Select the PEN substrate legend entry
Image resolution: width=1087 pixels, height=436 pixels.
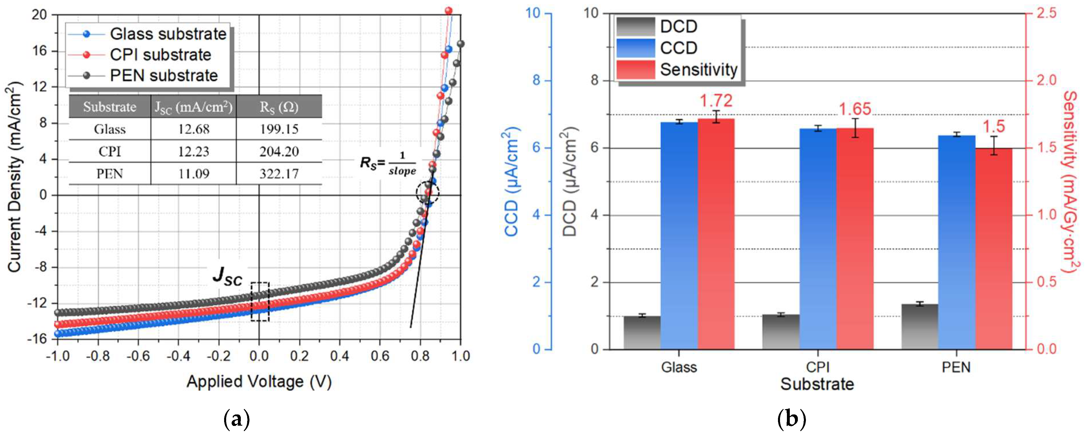pos(163,76)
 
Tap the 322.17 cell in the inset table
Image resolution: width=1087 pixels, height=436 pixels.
pos(279,174)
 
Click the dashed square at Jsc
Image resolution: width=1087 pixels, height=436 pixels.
pos(260,301)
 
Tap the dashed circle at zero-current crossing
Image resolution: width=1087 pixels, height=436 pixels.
pos(428,193)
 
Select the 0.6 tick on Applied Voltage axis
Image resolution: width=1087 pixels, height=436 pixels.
pos(380,357)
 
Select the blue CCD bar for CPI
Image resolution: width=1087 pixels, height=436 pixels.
pos(818,238)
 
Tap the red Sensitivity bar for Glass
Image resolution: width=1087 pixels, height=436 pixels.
pos(716,234)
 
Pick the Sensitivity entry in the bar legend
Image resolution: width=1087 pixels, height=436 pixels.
pos(698,70)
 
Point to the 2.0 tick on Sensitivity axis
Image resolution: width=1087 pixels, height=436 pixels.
pos(1046,80)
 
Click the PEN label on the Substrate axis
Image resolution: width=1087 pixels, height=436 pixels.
pos(956,367)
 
